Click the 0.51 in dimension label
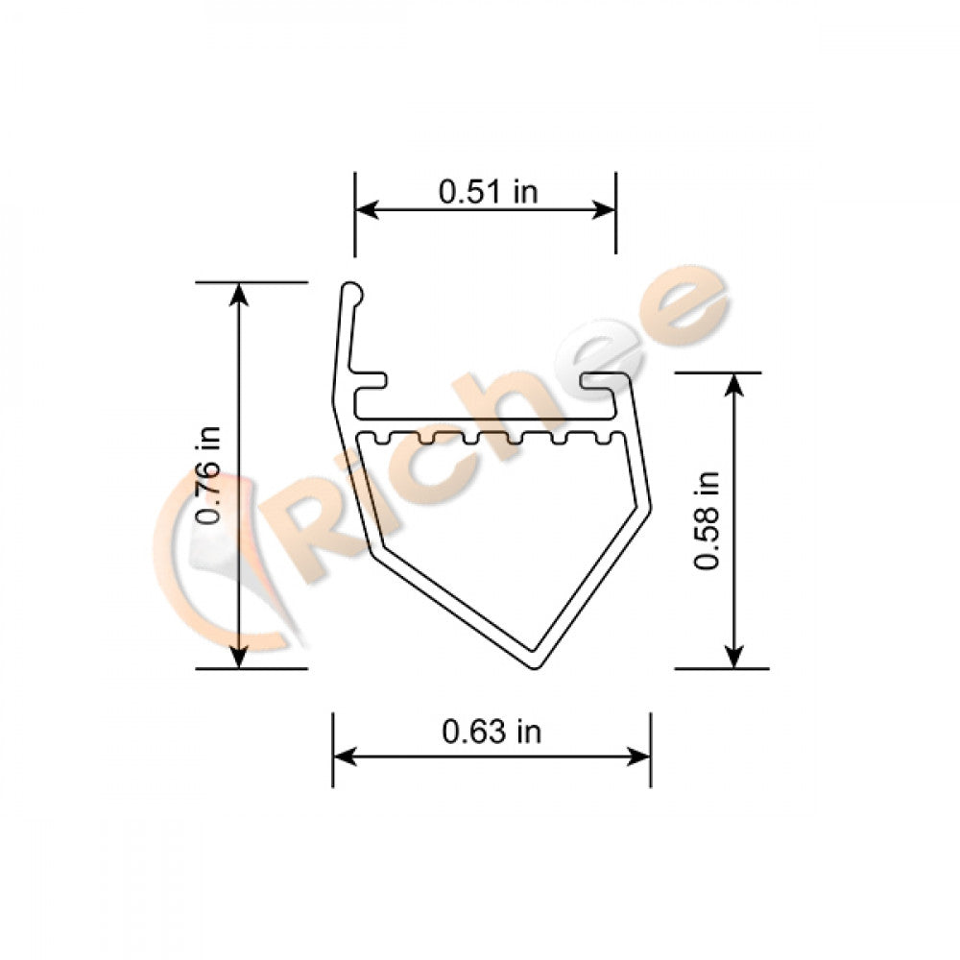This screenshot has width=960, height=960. tap(488, 191)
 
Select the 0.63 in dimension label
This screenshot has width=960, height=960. tap(491, 732)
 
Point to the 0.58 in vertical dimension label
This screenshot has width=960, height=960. tap(708, 519)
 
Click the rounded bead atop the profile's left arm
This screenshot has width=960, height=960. tap(352, 289)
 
